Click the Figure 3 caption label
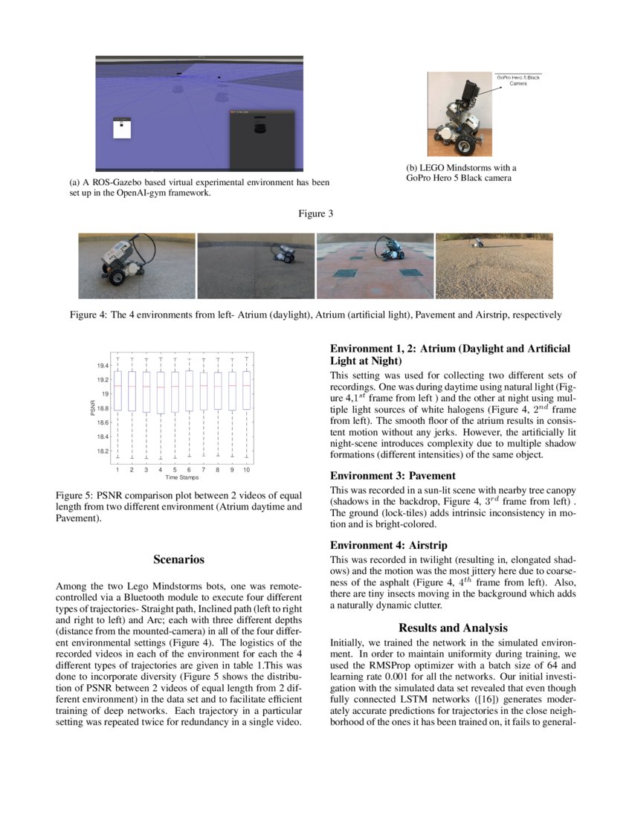point(315,214)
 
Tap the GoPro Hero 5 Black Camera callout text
point(518,80)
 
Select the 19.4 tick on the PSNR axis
point(102,366)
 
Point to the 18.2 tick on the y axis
point(102,451)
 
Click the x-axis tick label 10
point(246,470)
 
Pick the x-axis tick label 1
point(117,470)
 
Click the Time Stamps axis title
point(181,477)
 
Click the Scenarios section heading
point(178,559)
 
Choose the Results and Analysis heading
point(453,628)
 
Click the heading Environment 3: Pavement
point(393,475)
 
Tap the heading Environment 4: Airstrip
point(388,545)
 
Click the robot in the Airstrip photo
point(474,242)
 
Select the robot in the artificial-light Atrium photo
point(283,253)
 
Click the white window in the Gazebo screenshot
point(122,128)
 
